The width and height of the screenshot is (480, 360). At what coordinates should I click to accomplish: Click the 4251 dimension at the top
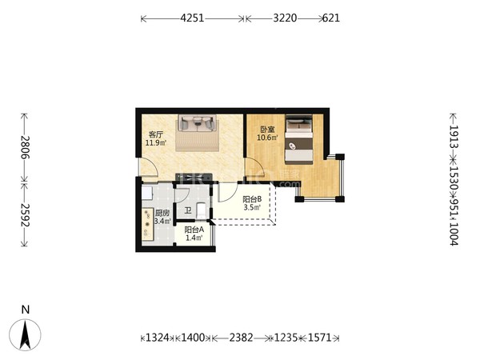click(x=192, y=18)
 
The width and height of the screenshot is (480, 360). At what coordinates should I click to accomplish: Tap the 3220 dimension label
click(x=285, y=18)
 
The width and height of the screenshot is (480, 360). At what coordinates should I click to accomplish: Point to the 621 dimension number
click(x=331, y=18)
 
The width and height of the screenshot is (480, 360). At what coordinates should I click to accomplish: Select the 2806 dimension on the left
click(x=26, y=147)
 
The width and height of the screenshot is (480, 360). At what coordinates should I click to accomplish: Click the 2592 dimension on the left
click(x=26, y=215)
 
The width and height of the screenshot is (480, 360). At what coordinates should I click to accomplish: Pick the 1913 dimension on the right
click(x=454, y=137)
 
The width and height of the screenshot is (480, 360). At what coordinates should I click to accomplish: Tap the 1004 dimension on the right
click(x=454, y=234)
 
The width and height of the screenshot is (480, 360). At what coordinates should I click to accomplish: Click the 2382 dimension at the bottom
click(x=242, y=338)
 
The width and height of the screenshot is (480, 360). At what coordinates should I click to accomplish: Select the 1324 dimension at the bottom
click(x=158, y=338)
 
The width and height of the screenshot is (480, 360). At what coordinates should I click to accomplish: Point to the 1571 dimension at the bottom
click(x=319, y=338)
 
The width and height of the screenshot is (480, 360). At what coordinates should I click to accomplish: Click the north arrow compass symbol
click(x=25, y=334)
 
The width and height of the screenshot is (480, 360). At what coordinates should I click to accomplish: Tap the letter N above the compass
click(x=26, y=310)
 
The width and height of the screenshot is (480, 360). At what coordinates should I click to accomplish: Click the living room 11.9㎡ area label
click(x=156, y=142)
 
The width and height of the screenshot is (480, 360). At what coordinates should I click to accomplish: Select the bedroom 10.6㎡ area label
click(x=267, y=138)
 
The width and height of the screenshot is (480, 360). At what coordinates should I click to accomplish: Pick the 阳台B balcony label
click(x=252, y=199)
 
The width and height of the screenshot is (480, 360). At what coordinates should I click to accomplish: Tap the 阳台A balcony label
click(x=194, y=230)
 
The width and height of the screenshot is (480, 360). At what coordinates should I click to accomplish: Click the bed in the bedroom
click(x=298, y=139)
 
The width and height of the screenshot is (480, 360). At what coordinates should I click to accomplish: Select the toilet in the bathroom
click(x=201, y=210)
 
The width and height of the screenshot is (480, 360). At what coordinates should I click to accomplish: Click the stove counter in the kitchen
click(x=148, y=224)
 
